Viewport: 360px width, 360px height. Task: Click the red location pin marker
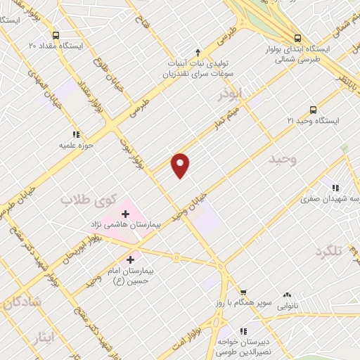[x=181, y=164]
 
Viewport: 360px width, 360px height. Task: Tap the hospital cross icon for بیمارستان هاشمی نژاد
[x=127, y=212]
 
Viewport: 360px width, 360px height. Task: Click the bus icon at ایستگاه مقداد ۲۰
[x=56, y=34]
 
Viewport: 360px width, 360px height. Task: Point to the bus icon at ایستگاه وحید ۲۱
[x=313, y=110]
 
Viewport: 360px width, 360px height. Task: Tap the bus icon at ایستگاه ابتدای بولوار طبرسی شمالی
[x=297, y=39]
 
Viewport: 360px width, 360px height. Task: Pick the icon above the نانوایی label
[x=287, y=296]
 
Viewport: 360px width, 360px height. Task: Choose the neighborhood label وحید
[x=283, y=160]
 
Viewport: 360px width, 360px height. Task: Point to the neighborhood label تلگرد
[x=333, y=252]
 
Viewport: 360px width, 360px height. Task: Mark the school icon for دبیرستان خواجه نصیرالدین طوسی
[x=243, y=330]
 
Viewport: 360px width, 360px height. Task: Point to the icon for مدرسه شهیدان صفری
[x=336, y=188]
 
